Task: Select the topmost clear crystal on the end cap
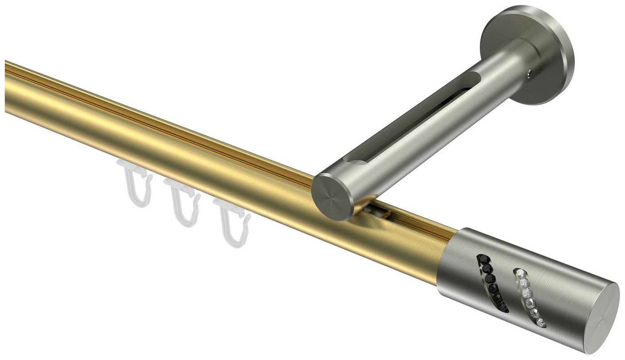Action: point(520,273)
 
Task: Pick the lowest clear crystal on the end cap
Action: point(542,323)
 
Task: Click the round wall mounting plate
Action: point(527,54)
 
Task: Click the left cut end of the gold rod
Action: point(6,87)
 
